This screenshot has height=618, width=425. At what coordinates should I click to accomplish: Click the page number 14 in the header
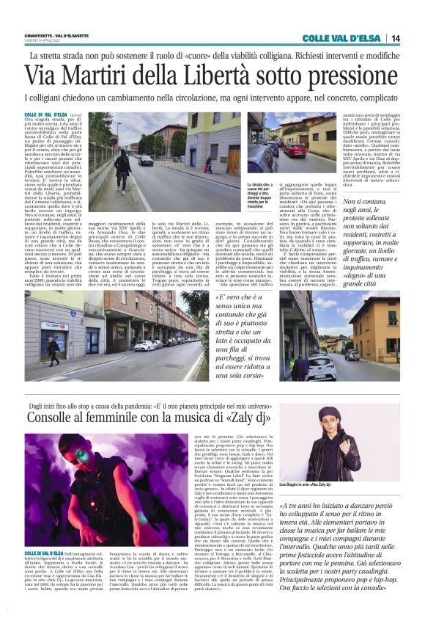[x=396, y=38]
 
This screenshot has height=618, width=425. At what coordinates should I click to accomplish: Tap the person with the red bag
[x=53, y=348]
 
